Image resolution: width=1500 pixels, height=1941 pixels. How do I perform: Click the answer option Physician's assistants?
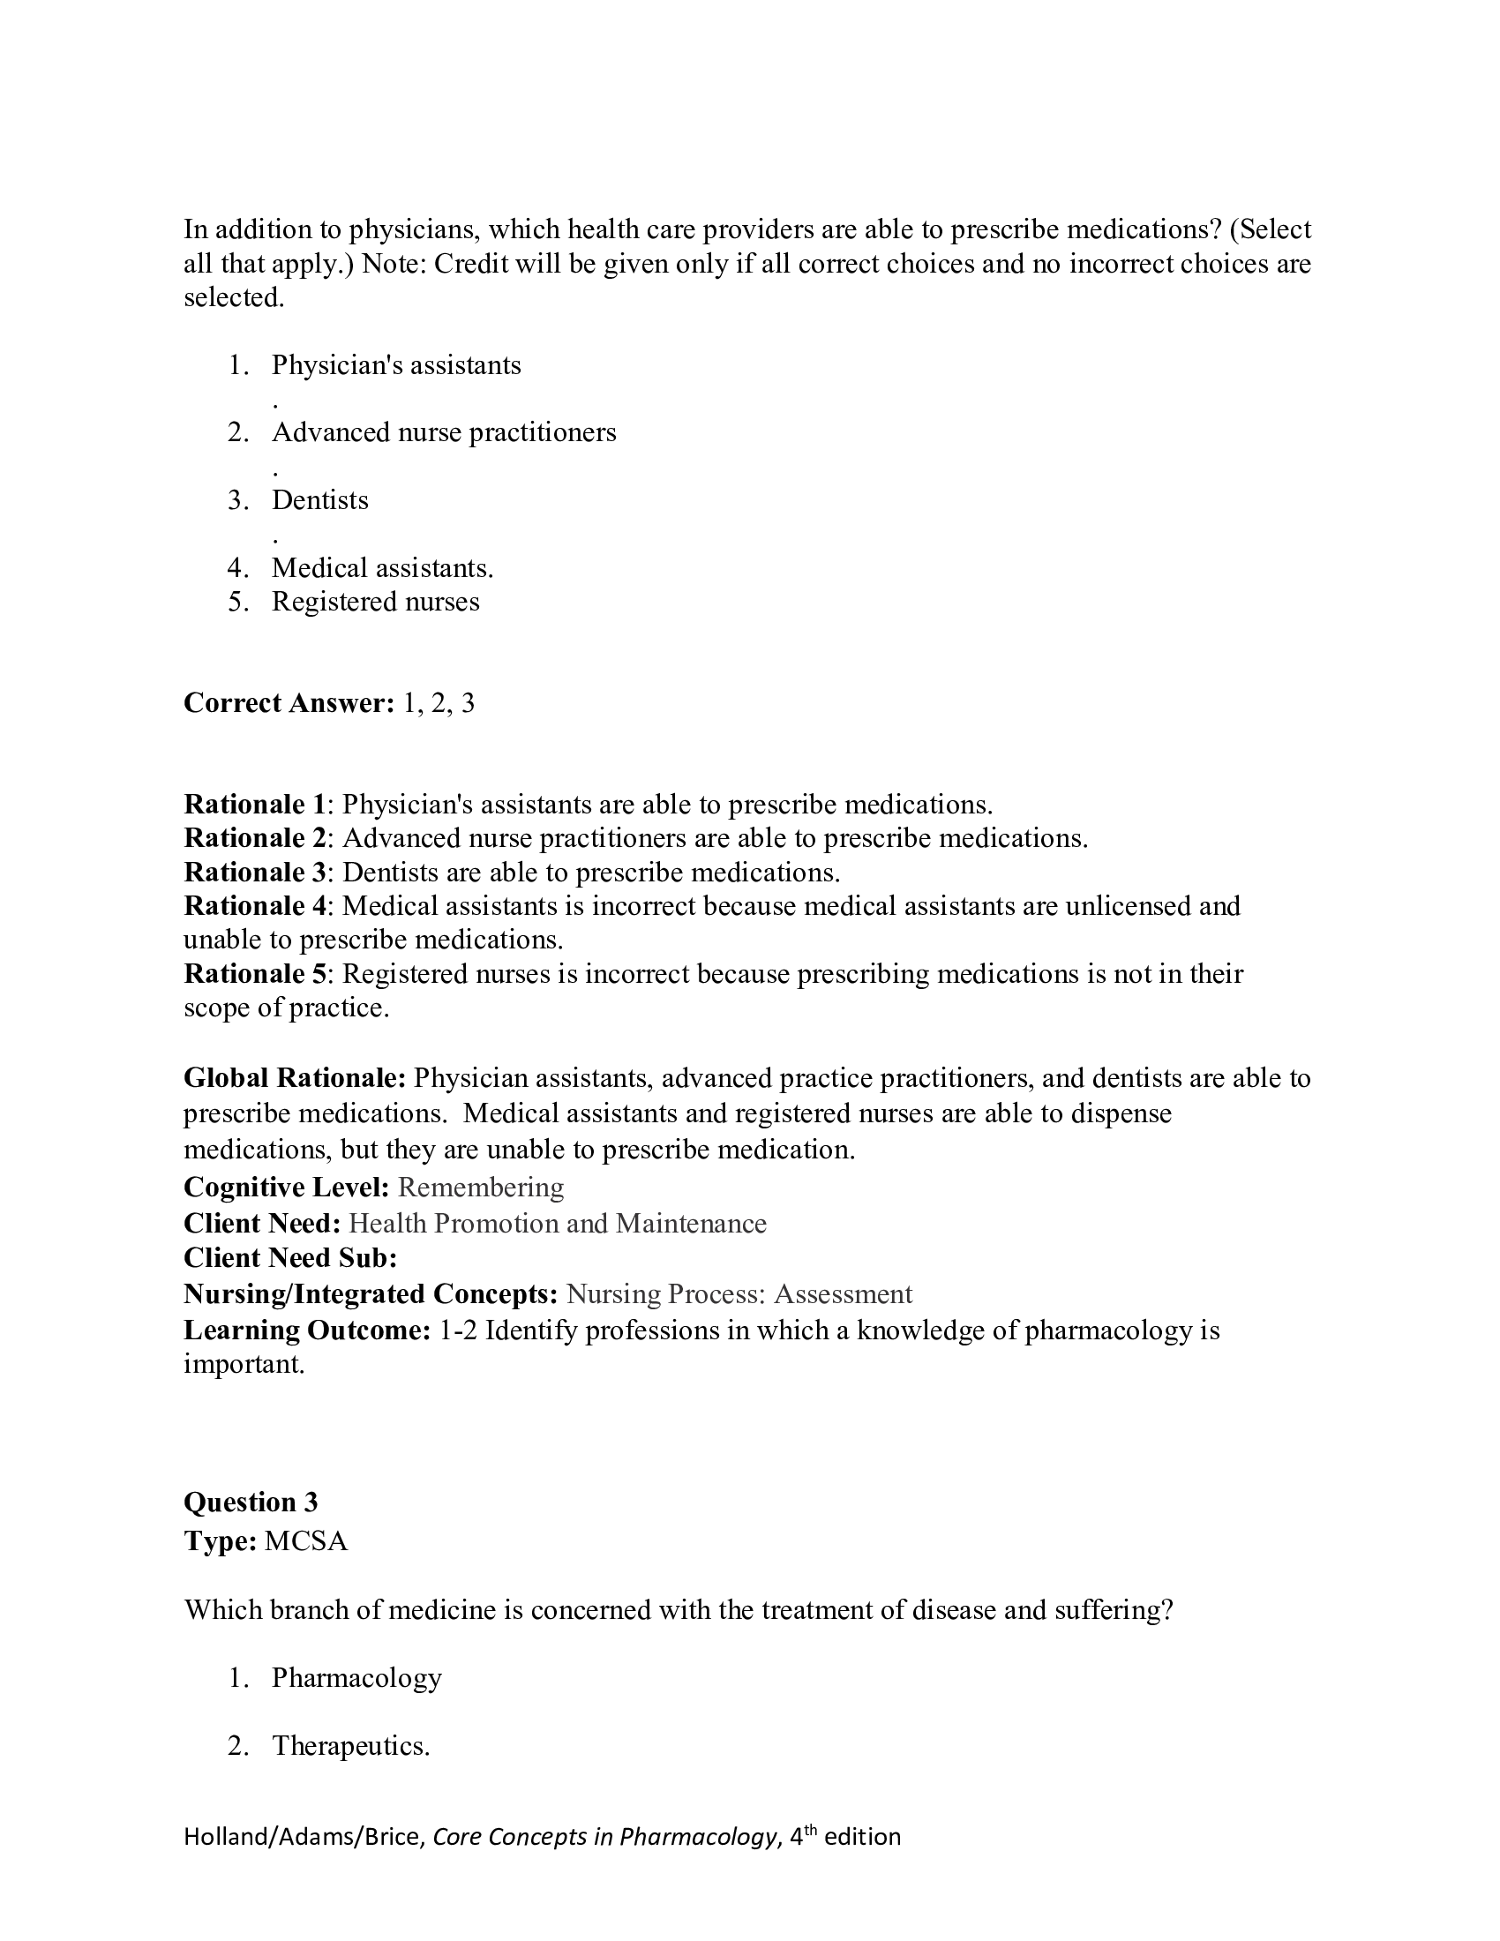tap(395, 365)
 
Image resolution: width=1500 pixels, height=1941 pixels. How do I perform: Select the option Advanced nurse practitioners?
tap(444, 433)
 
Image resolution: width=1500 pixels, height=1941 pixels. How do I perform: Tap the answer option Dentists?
tap(320, 500)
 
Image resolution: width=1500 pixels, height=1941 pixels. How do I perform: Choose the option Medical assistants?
tap(382, 568)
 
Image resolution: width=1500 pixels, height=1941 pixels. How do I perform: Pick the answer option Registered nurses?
tap(375, 602)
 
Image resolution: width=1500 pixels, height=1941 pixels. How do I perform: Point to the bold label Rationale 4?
tap(255, 905)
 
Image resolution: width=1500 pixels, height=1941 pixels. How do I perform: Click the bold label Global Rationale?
tap(294, 1078)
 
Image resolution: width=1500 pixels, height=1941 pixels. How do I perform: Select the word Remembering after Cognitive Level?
tap(480, 1188)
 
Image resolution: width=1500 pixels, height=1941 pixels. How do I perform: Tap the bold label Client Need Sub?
tap(289, 1257)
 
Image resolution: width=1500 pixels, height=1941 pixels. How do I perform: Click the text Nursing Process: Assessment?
tap(739, 1294)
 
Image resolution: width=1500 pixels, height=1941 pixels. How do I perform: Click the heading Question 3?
tap(251, 1502)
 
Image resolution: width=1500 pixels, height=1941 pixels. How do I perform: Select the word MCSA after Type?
tap(305, 1540)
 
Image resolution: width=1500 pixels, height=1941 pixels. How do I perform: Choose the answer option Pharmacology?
tap(356, 1678)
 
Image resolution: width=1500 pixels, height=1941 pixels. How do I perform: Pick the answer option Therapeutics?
tap(350, 1745)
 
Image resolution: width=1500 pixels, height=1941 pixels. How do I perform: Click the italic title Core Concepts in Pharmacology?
tap(604, 1837)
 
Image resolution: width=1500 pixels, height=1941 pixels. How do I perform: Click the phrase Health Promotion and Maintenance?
tap(557, 1224)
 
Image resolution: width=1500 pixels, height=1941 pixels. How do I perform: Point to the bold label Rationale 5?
tap(255, 974)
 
